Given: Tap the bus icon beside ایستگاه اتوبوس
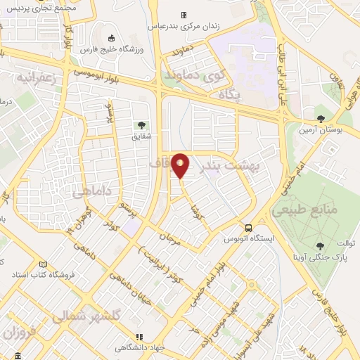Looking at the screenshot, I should pyautogui.click(x=247, y=227).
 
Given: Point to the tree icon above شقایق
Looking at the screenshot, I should pyautogui.click(x=142, y=126).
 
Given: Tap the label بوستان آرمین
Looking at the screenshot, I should pyautogui.click(x=321, y=130).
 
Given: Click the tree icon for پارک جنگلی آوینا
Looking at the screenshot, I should pyautogui.click(x=321, y=245).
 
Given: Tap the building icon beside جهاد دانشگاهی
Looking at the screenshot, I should pyautogui.click(x=138, y=337).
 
